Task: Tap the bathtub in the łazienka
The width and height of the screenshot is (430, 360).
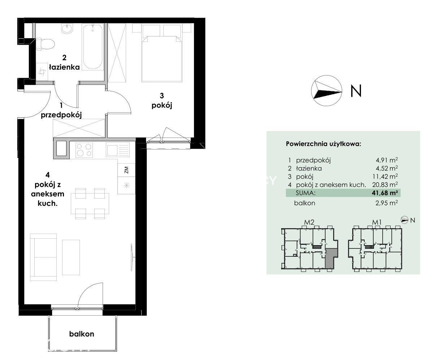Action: (x=93, y=47)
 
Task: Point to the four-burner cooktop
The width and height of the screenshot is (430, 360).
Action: (x=84, y=150)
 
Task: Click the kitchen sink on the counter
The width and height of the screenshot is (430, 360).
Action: (x=118, y=150)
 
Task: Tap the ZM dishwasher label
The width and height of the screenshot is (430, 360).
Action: (x=126, y=170)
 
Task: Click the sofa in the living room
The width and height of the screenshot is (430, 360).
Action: (x=43, y=257)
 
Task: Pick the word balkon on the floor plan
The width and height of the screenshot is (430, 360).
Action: (x=81, y=334)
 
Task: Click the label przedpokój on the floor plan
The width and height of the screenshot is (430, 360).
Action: (x=61, y=115)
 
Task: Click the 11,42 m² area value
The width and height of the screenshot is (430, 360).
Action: (x=385, y=177)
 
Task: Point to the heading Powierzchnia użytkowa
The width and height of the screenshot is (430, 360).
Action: (x=324, y=144)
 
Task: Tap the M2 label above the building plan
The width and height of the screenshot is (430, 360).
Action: (x=309, y=222)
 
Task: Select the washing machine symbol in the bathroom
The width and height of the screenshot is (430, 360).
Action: (x=42, y=72)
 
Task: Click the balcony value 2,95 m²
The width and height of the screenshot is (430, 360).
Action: (x=386, y=203)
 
